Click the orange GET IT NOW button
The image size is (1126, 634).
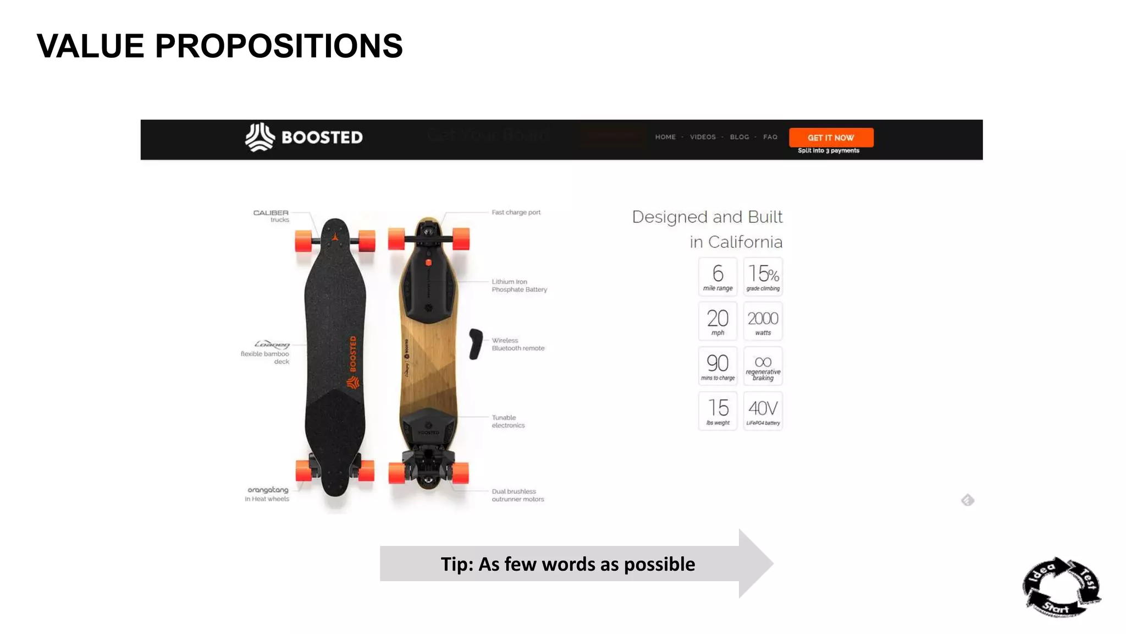click(x=831, y=138)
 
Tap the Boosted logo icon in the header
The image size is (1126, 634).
click(x=260, y=137)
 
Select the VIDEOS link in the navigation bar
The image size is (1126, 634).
click(x=703, y=137)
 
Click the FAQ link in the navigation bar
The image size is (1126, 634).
click(x=770, y=137)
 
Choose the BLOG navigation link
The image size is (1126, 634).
click(x=739, y=137)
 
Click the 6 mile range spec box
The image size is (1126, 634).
click(x=717, y=276)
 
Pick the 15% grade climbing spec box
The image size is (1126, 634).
click(x=763, y=276)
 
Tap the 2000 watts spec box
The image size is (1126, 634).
click(x=763, y=321)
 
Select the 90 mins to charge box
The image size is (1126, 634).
click(x=717, y=366)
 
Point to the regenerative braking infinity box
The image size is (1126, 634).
click(x=763, y=366)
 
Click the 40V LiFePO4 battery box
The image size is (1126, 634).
click(x=763, y=411)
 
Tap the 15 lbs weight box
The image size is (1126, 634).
click(x=717, y=411)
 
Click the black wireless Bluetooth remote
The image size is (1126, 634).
click(x=476, y=344)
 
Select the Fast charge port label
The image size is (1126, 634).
click(x=516, y=212)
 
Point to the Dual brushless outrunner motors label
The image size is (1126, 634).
click(x=517, y=495)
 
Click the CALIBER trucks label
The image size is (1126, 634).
click(x=271, y=216)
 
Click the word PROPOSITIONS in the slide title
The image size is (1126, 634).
click(x=279, y=46)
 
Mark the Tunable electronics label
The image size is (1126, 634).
click(x=508, y=422)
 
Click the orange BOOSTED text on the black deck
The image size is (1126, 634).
click(x=353, y=354)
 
